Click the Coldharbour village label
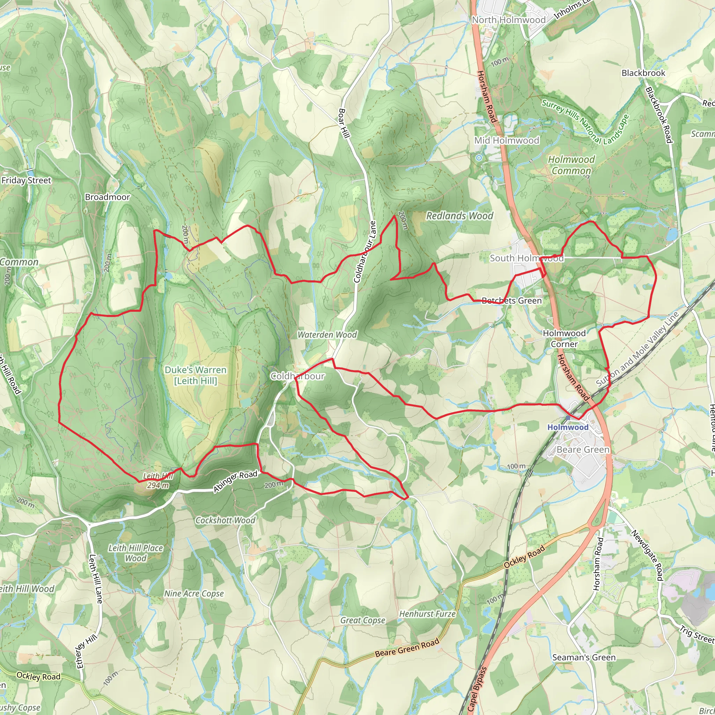(x=297, y=376)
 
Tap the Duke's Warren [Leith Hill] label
(x=196, y=375)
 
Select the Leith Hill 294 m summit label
(x=158, y=481)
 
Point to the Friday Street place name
(x=26, y=180)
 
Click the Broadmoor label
(x=107, y=197)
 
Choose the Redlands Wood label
(x=460, y=216)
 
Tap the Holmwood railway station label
(x=568, y=427)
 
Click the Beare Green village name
(x=583, y=450)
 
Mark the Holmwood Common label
(x=572, y=165)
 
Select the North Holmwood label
(x=508, y=20)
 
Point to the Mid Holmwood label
(x=507, y=141)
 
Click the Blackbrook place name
(x=643, y=73)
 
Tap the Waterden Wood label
(x=327, y=335)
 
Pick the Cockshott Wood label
(x=226, y=520)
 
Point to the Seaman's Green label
(x=584, y=657)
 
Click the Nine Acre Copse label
(x=194, y=594)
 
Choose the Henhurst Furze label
(x=427, y=614)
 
